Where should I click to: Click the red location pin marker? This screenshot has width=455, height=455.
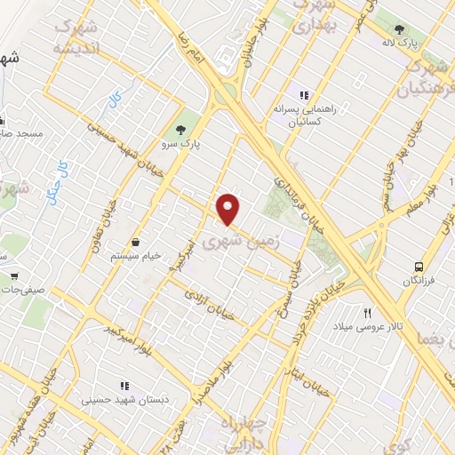(229, 209)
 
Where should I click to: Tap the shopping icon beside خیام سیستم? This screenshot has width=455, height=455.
(136, 241)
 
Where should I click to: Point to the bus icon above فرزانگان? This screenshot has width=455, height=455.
(419, 265)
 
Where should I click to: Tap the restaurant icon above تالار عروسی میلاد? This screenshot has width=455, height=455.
(366, 312)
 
